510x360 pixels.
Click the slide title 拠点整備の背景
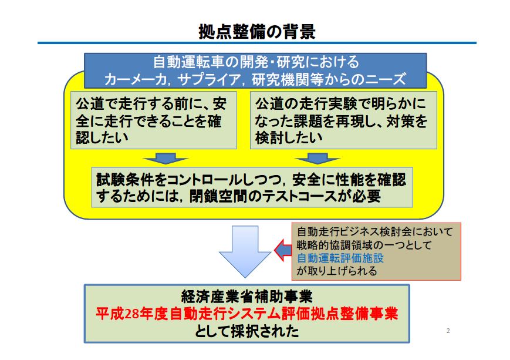point(257,32)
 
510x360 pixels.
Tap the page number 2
point(448,331)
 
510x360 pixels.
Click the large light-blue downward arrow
point(245,251)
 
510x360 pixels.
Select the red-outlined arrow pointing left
point(283,250)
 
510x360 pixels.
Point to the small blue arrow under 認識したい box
point(166,159)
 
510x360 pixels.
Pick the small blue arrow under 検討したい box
point(318,159)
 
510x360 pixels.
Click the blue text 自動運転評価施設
point(340,258)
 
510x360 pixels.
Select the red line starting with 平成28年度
point(247,314)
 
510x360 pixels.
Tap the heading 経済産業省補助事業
point(247,297)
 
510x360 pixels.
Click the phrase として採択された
point(247,331)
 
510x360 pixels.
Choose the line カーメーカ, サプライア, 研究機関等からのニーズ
point(255,79)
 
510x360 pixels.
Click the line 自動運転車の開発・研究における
point(256,62)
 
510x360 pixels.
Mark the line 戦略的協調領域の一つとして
point(364,245)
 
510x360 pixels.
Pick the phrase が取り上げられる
point(337,271)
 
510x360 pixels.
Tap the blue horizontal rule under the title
point(257,43)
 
